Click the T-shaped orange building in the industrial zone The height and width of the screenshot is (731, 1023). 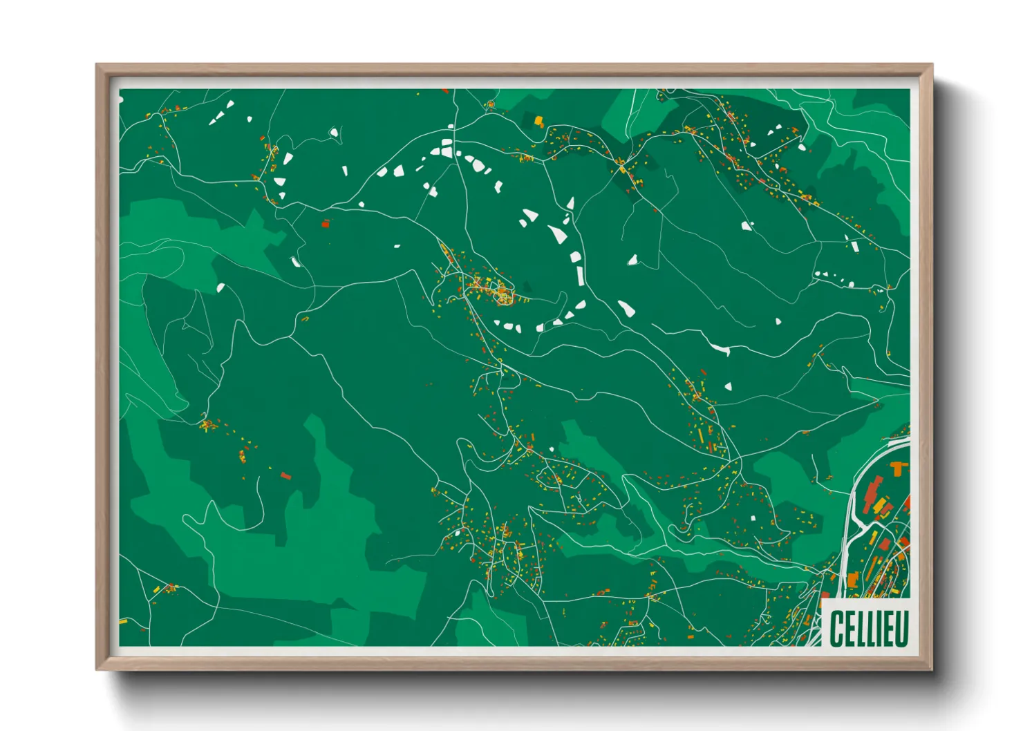899,469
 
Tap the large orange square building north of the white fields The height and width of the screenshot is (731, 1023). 538,121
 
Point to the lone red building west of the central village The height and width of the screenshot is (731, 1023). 326,223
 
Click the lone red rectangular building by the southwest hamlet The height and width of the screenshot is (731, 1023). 285,475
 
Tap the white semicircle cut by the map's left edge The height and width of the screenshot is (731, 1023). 121,99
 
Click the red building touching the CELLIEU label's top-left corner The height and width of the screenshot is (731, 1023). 825,595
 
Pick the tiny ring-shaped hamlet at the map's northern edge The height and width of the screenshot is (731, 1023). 490,105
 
